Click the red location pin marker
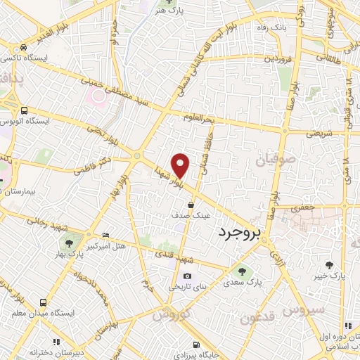pos(181,165)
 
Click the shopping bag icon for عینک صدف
pos(191,205)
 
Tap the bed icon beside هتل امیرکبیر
pos(105,235)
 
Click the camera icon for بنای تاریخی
pos(187,276)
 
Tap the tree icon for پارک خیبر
pos(330,265)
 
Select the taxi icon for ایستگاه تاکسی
pos(25,48)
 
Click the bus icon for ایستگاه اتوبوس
pos(25,110)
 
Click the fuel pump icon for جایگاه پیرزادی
pos(196,345)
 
